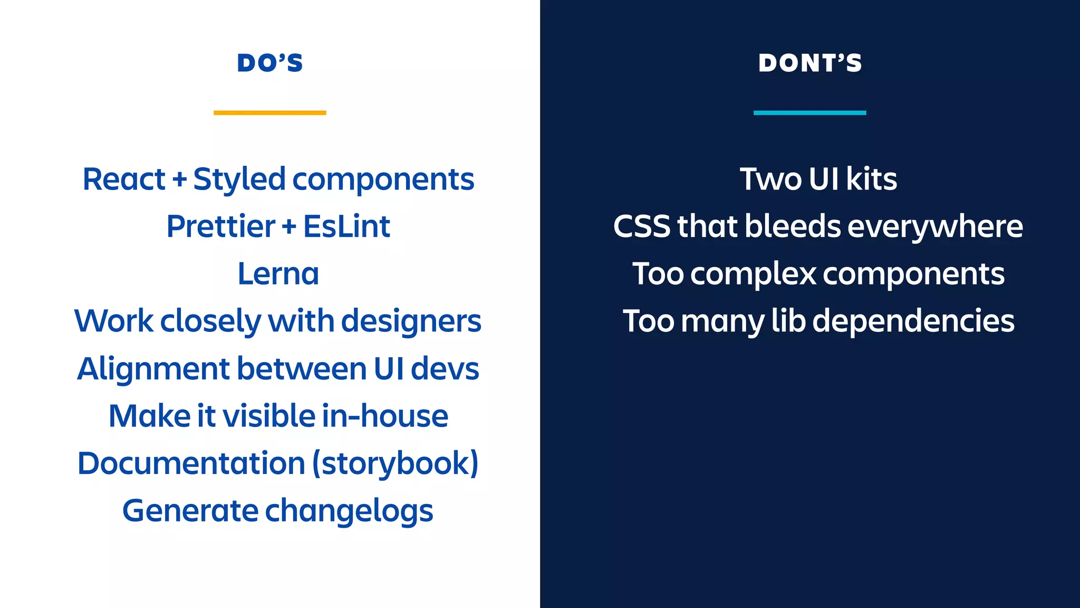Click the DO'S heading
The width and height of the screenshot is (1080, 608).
point(270,63)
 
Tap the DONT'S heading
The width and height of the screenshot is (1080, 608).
point(810,63)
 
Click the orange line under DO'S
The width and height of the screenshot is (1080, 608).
point(270,112)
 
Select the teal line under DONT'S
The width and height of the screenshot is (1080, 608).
point(810,112)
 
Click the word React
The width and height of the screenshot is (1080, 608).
point(124,179)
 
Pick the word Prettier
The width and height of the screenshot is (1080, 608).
point(220,227)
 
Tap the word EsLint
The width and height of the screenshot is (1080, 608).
point(346,226)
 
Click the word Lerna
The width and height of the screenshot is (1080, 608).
point(278,274)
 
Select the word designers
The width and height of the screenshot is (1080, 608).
point(411,322)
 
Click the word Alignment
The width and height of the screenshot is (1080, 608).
point(153,369)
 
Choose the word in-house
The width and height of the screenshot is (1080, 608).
point(385,416)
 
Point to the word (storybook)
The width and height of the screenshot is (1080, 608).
point(396,463)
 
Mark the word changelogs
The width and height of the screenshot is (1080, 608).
point(349,511)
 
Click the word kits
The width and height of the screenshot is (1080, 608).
point(871,179)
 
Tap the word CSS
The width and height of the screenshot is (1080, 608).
point(642,227)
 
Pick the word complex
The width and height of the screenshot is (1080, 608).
point(754,274)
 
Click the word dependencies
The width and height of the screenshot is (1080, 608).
point(913,321)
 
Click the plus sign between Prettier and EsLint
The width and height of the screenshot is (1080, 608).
point(289,227)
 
